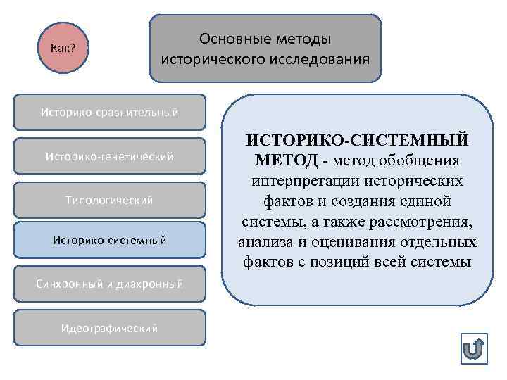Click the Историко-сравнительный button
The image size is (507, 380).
click(109, 112)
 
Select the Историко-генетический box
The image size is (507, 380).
click(109, 156)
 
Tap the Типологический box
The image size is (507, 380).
click(109, 200)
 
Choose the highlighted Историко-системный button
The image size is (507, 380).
click(109, 240)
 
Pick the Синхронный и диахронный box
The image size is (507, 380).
click(109, 284)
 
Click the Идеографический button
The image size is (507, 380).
click(109, 328)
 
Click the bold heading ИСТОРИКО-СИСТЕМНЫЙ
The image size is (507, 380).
click(358, 141)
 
